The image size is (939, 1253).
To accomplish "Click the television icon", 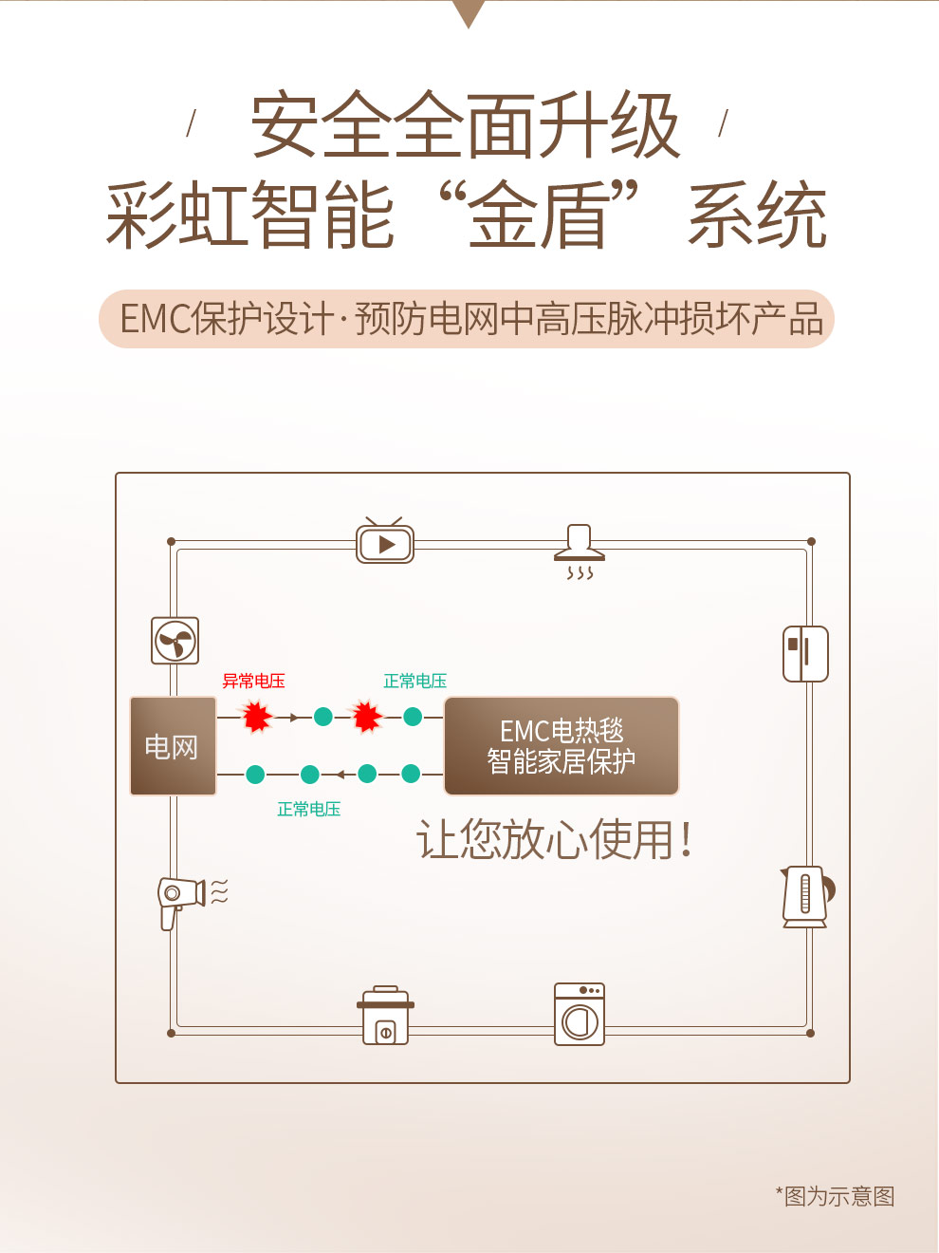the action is [x=385, y=542].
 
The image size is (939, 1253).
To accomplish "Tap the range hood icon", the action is [x=579, y=551].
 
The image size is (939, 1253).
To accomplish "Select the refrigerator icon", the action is [x=805, y=653].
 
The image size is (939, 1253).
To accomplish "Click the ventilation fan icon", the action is [x=175, y=641].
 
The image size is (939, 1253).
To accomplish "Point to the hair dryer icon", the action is [x=182, y=899].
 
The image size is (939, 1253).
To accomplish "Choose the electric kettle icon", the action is [x=806, y=896].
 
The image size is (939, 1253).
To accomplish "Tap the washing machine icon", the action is [x=580, y=1014].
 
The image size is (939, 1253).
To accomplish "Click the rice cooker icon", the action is [x=386, y=1016].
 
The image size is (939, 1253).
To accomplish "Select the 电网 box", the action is [x=173, y=746].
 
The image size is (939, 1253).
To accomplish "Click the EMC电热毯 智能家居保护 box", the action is [x=562, y=746].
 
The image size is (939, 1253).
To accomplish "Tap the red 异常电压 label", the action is [x=253, y=681].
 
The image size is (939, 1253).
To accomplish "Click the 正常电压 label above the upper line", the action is [x=414, y=681].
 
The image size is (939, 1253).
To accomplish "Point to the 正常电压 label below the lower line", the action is [x=308, y=809].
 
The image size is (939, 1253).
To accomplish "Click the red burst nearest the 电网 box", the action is [x=256, y=717].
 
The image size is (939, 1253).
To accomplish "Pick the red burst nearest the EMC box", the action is [x=366, y=717].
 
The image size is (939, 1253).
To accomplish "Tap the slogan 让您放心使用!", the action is [x=555, y=840].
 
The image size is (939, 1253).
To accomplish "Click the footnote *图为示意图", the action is [x=836, y=1196].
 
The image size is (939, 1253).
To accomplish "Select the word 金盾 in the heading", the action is [x=538, y=216].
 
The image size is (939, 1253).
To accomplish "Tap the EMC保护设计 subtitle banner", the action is [x=467, y=319].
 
